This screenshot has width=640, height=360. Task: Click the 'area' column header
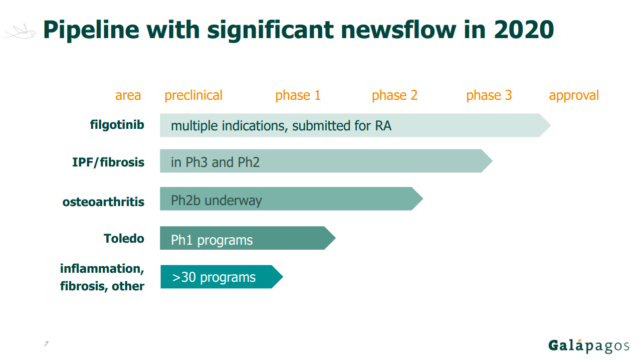128,95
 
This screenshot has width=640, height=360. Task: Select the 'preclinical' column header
193,95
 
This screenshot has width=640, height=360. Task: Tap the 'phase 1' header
298,95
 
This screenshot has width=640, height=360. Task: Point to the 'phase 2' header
394,95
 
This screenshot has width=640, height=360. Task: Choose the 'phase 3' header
489,95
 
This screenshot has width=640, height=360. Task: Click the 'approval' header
574,95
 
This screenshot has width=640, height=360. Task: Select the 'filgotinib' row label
117,125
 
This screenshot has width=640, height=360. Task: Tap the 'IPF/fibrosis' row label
108,162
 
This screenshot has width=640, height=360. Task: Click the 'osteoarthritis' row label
103,202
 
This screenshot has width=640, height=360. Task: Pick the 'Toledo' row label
124,238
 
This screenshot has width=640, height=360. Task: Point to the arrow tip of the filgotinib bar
551,125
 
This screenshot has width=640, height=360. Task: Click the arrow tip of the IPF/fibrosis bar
492,161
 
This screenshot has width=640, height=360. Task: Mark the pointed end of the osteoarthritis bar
422,199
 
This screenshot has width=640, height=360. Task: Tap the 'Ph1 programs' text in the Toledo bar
211,240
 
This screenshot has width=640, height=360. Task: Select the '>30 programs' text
214,277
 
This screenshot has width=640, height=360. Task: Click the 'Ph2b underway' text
217,201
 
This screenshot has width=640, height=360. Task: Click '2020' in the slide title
524,30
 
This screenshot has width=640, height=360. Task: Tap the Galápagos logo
588,345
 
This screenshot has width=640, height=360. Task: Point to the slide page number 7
46,343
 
